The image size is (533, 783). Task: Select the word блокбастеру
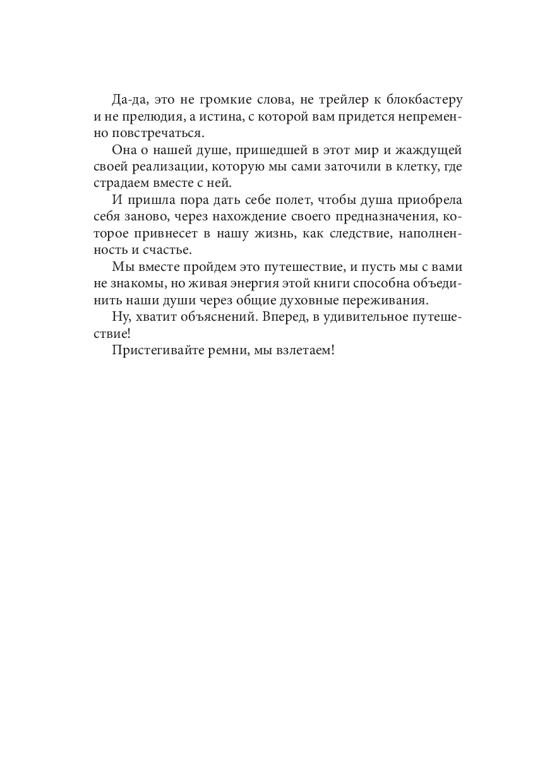[421, 100]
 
